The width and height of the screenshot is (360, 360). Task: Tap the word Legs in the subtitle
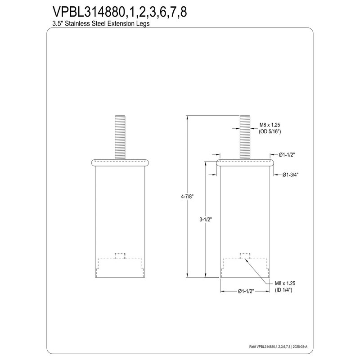tap(142, 24)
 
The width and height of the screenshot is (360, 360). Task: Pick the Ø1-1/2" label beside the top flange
tap(287, 154)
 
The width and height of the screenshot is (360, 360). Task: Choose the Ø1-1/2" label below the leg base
tap(246, 291)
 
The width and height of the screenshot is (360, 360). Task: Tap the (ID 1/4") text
tap(283, 290)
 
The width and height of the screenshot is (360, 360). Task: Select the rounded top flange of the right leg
tap(244, 162)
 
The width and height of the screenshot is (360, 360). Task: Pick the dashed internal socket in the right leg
tap(244, 265)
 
